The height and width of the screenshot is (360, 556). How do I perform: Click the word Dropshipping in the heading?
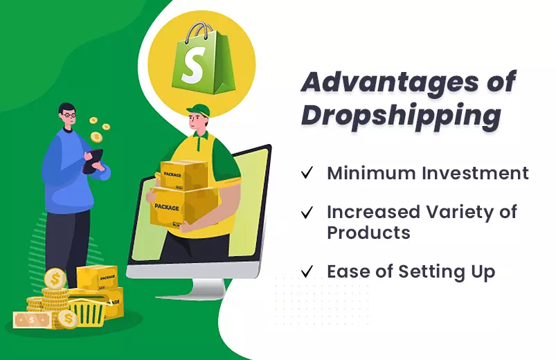tap(402, 116)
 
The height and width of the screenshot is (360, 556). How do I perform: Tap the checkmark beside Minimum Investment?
tap(307, 172)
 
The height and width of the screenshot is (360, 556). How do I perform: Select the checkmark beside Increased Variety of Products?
tap(307, 212)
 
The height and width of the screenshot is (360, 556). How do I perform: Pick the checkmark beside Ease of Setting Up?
tap(307, 271)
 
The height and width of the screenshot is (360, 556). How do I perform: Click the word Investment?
tap(476, 174)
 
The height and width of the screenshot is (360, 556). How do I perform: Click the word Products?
tap(368, 233)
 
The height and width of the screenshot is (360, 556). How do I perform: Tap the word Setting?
tap(431, 272)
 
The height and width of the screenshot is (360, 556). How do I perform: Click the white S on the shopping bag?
tap(192, 66)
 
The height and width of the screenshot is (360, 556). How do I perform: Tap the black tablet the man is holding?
tap(93, 161)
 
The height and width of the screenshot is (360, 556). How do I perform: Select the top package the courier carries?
tap(183, 176)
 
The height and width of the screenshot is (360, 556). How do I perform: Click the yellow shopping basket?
tap(87, 310)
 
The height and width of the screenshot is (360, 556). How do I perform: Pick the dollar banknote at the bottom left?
tap(33, 320)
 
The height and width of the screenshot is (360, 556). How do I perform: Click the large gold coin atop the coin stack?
tap(55, 279)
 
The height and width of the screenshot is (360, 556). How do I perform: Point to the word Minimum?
tap(372, 174)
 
